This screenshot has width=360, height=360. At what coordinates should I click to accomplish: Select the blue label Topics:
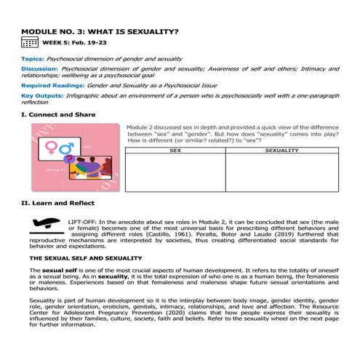pyautogui.click(x=33, y=58)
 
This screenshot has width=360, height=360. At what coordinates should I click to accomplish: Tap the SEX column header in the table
pyautogui.click(x=175, y=151)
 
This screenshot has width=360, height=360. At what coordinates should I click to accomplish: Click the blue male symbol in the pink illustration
pyautogui.click(x=67, y=147)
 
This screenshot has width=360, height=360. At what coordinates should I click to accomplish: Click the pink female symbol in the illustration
pyautogui.click(x=53, y=149)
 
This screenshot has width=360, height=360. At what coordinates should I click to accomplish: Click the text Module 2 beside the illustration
pyautogui.click(x=142, y=126)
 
